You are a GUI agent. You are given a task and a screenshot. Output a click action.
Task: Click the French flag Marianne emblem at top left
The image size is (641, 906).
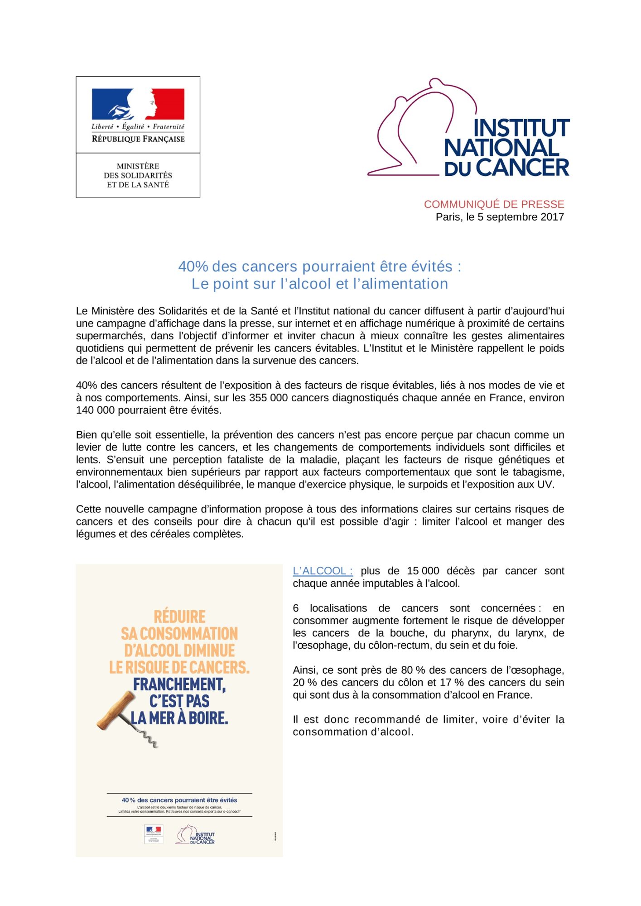(138, 104)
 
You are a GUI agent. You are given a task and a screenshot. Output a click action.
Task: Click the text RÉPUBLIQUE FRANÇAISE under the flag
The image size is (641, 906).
(138, 139)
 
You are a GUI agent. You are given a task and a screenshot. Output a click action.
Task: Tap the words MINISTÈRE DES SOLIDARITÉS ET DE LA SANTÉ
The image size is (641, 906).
(138, 175)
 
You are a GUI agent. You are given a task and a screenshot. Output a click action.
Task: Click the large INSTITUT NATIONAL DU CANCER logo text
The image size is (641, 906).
(506, 148)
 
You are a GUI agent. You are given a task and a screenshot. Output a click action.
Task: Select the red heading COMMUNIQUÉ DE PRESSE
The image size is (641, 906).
(494, 204)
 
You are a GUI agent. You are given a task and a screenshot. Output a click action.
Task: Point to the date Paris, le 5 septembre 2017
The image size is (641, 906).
(500, 217)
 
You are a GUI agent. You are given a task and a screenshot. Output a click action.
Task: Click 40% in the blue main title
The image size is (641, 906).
(193, 266)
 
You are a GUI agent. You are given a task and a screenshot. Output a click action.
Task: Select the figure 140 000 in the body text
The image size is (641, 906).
(96, 410)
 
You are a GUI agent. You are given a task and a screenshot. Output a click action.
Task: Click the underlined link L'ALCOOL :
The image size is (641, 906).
(323, 571)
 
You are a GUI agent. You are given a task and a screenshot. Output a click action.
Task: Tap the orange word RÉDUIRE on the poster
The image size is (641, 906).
(179, 617)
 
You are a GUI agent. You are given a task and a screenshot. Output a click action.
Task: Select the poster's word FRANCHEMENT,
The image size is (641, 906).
(179, 684)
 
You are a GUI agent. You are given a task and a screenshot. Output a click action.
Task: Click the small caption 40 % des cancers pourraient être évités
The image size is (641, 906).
(179, 800)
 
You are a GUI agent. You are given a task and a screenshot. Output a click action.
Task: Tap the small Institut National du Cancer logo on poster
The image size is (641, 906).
(195, 835)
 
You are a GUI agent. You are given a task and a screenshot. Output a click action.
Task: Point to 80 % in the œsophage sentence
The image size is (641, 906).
(413, 670)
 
